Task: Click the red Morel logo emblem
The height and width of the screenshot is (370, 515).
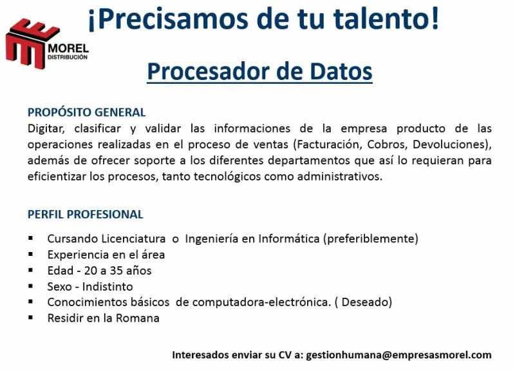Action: click(30, 43)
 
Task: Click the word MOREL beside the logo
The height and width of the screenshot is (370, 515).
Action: click(68, 49)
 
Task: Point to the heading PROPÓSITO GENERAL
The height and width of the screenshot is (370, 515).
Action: click(87, 112)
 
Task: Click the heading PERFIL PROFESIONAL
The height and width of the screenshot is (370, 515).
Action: click(86, 215)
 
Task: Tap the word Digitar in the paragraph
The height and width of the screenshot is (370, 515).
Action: click(46, 128)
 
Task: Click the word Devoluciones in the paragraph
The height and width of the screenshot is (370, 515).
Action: click(449, 144)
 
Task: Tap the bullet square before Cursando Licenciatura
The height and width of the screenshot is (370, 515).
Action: click(31, 238)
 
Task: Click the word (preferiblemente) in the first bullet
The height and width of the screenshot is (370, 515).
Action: click(371, 239)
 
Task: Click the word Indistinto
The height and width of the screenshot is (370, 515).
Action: click(108, 286)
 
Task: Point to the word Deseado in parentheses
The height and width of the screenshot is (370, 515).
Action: click(365, 302)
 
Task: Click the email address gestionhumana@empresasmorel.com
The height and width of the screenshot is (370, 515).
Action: click(398, 355)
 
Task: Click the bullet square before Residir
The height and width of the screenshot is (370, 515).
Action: click(31, 317)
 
